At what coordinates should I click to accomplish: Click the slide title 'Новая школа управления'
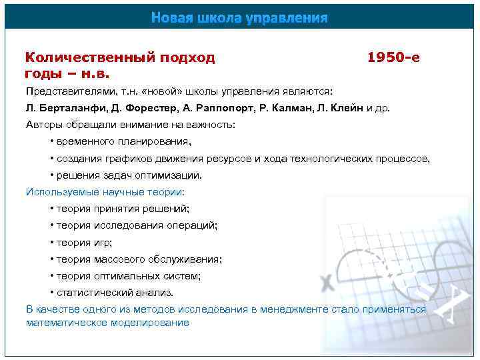pos(239,17)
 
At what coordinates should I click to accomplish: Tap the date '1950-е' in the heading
pos(393,57)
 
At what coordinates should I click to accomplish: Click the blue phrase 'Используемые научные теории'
pos(105,192)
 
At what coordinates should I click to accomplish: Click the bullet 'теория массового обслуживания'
pos(139,259)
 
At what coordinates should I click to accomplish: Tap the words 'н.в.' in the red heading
pos(96,73)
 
